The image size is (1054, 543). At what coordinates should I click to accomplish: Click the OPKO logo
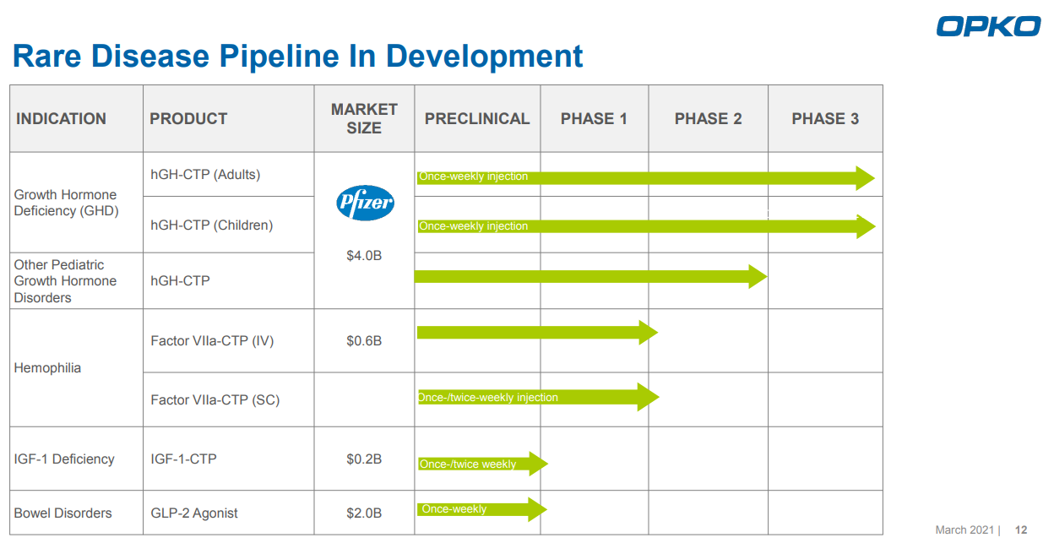coord(988,26)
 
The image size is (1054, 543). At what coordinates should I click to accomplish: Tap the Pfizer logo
coord(365,203)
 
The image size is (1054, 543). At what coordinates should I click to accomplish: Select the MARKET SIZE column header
coord(364,119)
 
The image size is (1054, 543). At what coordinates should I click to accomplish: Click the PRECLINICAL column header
coord(477,119)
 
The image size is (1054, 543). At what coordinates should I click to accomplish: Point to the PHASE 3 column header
coord(825,119)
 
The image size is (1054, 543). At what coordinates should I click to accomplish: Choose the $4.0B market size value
coord(364,255)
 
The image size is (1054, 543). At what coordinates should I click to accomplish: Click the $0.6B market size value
coord(364,341)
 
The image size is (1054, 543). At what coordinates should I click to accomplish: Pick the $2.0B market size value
coord(364,513)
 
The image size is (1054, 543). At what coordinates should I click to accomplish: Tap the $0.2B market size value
coord(364,459)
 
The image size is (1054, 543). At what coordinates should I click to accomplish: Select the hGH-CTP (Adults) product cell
coord(205,175)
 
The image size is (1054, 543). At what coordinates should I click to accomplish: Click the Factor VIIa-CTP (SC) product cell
coord(215,399)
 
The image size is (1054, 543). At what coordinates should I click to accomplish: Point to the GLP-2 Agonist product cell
coord(194,513)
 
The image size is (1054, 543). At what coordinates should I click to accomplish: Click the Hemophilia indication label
coord(47,368)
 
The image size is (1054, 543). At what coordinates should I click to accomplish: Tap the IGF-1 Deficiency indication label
coord(64,459)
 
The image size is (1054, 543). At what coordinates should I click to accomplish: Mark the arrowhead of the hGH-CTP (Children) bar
coord(866,226)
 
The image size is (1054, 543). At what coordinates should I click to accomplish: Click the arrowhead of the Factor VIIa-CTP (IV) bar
coord(648,333)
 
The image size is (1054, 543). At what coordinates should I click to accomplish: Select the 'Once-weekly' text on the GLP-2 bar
coord(454,509)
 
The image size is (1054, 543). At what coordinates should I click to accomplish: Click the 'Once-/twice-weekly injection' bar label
coord(488,398)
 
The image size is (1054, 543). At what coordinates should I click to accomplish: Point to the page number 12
coord(1021,530)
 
